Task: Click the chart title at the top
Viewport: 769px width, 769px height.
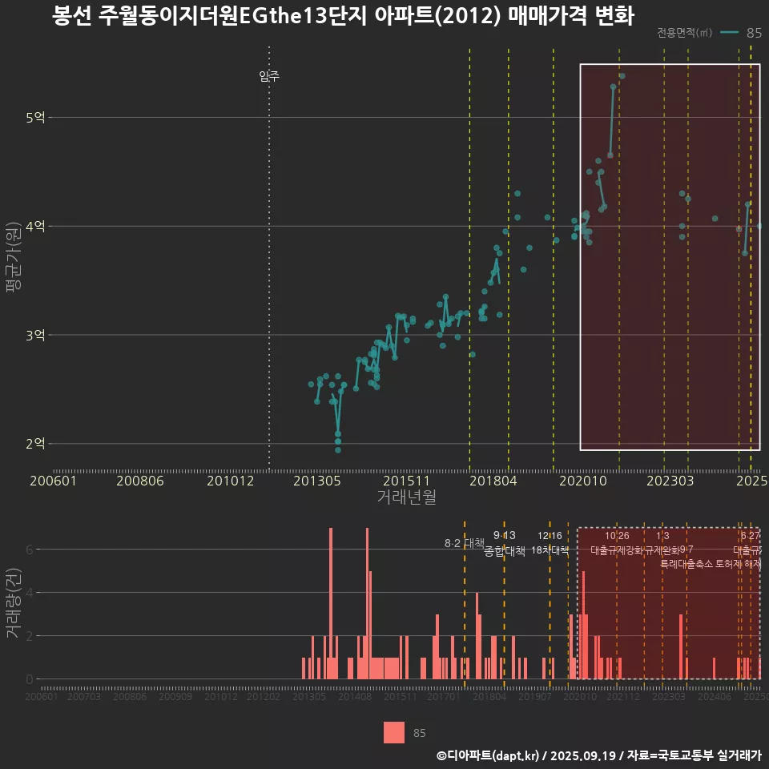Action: pos(343,16)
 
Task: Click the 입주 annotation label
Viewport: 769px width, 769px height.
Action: pos(269,77)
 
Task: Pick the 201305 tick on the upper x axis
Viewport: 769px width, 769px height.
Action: pos(317,481)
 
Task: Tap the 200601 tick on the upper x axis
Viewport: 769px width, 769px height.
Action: pos(53,481)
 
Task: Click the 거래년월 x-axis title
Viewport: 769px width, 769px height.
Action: pos(406,497)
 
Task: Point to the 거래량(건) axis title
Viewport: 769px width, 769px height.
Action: pos(14,603)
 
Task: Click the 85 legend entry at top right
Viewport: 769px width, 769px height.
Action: pos(753,33)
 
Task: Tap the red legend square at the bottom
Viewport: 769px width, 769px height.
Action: pos(394,732)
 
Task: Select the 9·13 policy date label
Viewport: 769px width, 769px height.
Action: pos(504,535)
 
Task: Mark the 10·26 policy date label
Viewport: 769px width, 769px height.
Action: pos(617,535)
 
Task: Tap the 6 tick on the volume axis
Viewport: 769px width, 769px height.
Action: pos(30,550)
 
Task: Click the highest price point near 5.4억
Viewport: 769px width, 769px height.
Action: pos(622,76)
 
